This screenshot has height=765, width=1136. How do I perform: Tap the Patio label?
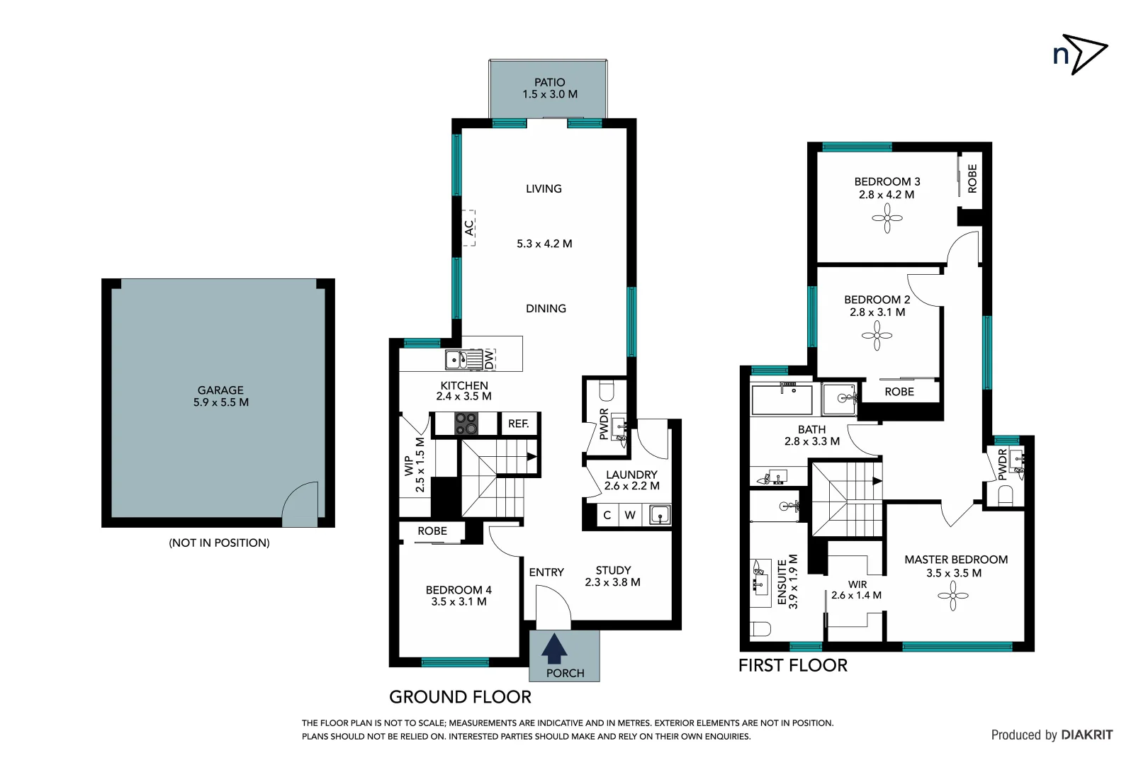coord(549,82)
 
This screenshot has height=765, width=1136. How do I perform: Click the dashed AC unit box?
coord(469,227)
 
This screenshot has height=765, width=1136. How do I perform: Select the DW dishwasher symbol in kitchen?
coord(489,360)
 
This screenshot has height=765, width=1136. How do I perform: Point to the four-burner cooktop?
coord(466,424)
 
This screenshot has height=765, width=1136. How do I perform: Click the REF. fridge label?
coord(518,424)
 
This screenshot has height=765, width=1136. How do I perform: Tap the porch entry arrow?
coord(554,649)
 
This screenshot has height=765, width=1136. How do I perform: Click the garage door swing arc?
coord(300,504)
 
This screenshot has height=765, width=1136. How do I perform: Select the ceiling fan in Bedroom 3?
coord(887,218)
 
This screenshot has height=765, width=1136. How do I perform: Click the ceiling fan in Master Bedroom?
coord(953,596)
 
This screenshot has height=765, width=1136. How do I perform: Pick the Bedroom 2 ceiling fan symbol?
coord(877,336)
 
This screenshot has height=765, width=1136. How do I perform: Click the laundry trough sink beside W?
coord(659,515)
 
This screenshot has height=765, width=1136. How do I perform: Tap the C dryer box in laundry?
coord(607,515)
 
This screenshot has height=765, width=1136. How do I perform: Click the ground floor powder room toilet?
coord(607,391)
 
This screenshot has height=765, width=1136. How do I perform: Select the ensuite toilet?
coord(760,628)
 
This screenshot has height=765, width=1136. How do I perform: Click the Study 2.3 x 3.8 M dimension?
coord(612,582)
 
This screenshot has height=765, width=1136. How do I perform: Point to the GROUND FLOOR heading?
coord(460,697)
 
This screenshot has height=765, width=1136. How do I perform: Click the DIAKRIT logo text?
coord(1086,735)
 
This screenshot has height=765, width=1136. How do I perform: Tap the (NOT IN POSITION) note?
coord(219,543)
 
